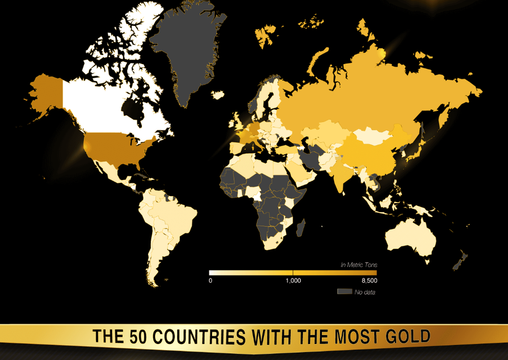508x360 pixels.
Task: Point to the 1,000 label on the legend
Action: [293, 280]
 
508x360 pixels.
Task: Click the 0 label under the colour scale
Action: [210, 280]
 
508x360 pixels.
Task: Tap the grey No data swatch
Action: [345, 291]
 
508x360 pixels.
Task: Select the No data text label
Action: [365, 292]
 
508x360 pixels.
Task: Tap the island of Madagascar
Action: [301, 227]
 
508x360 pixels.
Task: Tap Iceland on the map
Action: [218, 95]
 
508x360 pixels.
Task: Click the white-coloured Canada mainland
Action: [99, 108]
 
